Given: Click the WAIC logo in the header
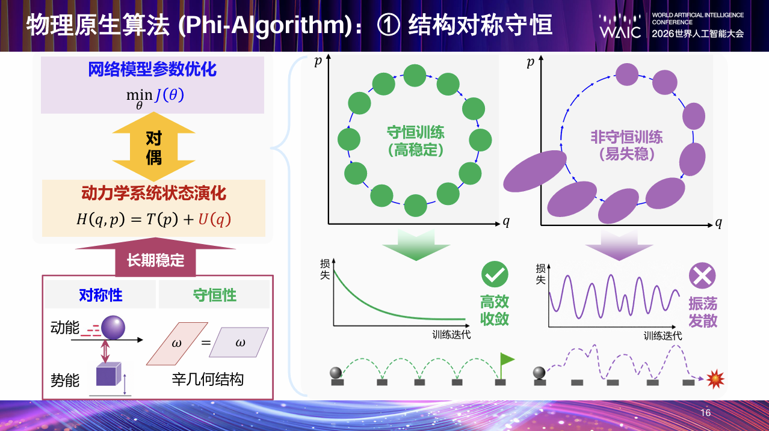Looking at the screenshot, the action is coord(620,26).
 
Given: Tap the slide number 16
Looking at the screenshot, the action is coord(705,412).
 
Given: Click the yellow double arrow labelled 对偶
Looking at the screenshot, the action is coord(154,147).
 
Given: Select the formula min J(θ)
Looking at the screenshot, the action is coord(155,98).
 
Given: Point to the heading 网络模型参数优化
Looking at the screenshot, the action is coord(152,70).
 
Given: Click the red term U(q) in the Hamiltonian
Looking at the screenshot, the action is coord(215,219).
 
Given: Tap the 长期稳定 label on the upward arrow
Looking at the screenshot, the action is coord(155,260).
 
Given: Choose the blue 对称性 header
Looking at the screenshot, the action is coord(100,295).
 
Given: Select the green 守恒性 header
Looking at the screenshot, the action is coord(215,295).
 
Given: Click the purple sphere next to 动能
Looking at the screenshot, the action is coord(113,328).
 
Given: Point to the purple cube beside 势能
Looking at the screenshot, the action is coord(108,374).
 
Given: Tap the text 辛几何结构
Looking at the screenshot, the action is coord(208,379).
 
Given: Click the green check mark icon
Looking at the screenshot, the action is coord(495,274).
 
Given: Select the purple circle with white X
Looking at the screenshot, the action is coord(702,276).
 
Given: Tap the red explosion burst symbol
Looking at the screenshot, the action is coord(715,379).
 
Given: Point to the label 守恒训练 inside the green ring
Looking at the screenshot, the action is coord(415,132).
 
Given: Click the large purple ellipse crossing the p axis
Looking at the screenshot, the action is coord(535,171).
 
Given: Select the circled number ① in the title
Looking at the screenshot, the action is coord(389,25).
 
